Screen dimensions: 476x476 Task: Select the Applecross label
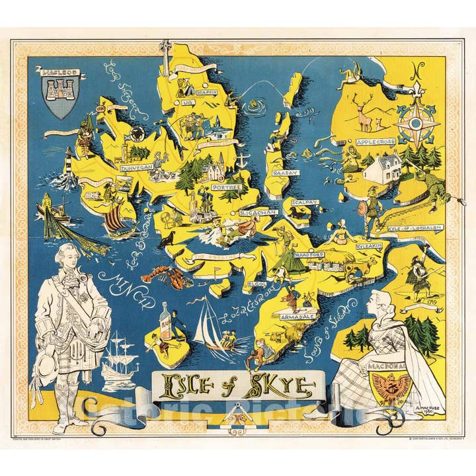click(x=375, y=141)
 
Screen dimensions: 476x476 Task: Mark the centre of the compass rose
click(x=416, y=123)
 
